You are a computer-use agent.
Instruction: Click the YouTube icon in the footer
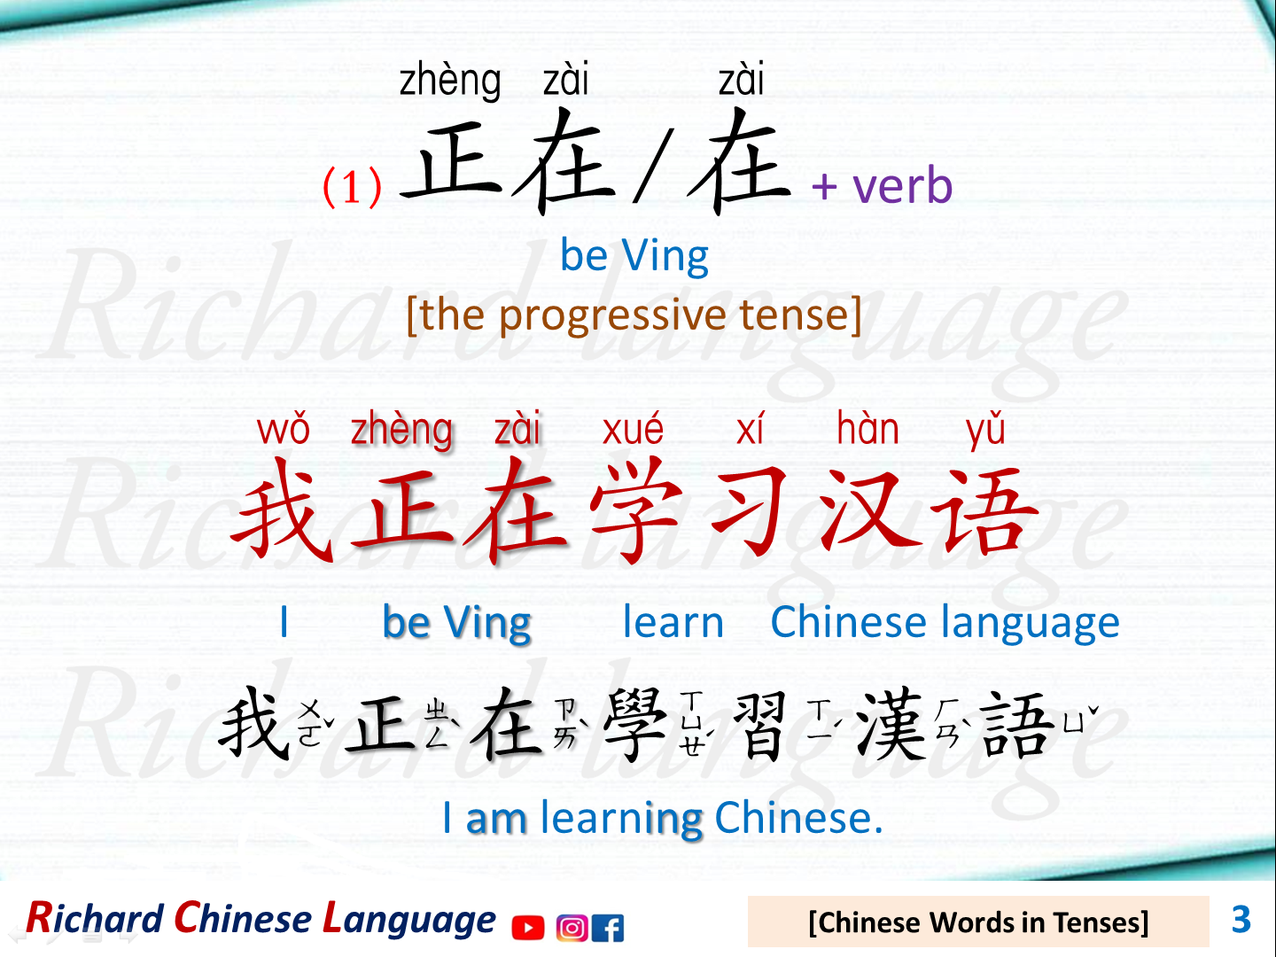(528, 928)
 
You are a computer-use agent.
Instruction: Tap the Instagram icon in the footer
(572, 928)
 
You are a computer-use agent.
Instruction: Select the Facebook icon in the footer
(608, 928)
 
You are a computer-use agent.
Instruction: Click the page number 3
(1241, 920)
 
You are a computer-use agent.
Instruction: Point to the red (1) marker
(352, 187)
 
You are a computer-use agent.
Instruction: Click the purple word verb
(902, 186)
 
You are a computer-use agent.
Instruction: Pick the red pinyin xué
(633, 430)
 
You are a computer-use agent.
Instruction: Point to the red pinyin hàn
(868, 430)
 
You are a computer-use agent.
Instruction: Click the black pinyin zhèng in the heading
(450, 82)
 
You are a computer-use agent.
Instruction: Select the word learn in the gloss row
(673, 622)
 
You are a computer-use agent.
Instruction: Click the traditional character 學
(634, 725)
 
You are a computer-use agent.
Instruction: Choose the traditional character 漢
(891, 725)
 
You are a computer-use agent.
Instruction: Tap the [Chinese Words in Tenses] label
(978, 922)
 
